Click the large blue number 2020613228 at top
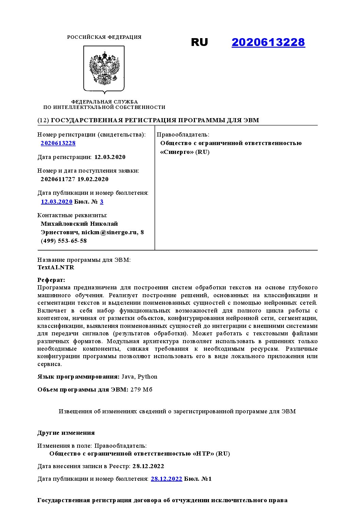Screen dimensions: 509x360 [x=268, y=42]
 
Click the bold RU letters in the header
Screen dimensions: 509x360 [x=199, y=42]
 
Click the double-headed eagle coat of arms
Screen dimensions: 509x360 [x=104, y=68]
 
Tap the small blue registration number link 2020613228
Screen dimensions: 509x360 [x=58, y=143]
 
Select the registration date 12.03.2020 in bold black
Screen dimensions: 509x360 [x=110, y=157]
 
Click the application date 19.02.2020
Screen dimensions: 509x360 [x=93, y=179]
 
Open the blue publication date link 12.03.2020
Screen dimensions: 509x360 [x=56, y=202]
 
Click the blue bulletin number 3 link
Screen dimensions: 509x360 [x=102, y=202]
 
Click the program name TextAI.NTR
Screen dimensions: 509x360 [x=56, y=267]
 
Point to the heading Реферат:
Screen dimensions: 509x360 [x=51, y=280]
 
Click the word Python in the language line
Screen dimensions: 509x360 [x=147, y=377]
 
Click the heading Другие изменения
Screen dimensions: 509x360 [x=66, y=433]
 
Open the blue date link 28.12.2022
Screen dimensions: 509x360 [x=166, y=479]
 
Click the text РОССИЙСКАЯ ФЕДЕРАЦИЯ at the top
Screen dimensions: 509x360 [x=104, y=37]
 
